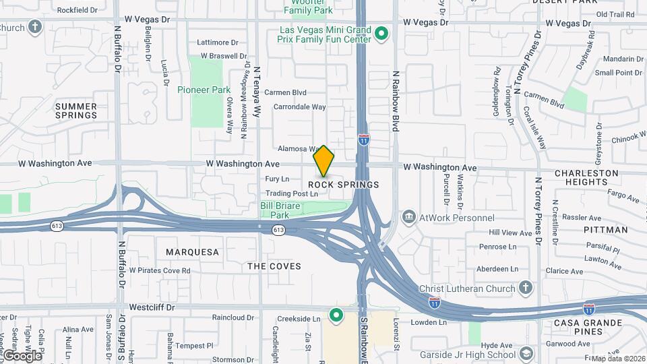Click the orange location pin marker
(x=324, y=160)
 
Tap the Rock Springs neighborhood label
(x=344, y=185)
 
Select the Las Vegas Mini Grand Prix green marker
(x=382, y=32)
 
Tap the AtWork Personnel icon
(x=409, y=218)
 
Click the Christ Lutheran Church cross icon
(x=526, y=289)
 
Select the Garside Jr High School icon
(x=526, y=355)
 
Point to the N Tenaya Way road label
(x=257, y=91)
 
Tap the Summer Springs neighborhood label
(x=76, y=111)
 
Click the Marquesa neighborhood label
(x=193, y=252)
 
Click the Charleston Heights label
(x=586, y=177)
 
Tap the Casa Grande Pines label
(x=588, y=327)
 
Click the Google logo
(x=22, y=355)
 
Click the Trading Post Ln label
(x=291, y=193)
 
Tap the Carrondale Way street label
(x=299, y=107)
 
